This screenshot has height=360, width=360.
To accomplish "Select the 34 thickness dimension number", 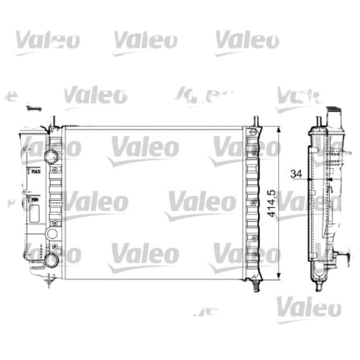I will point(295,173).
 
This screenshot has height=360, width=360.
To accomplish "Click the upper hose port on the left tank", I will point(51,156).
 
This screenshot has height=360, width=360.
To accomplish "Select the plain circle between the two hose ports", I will point(52,234).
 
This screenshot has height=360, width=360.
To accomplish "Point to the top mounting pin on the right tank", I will point(256,121).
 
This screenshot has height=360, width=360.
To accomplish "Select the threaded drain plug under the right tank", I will point(256,285).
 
